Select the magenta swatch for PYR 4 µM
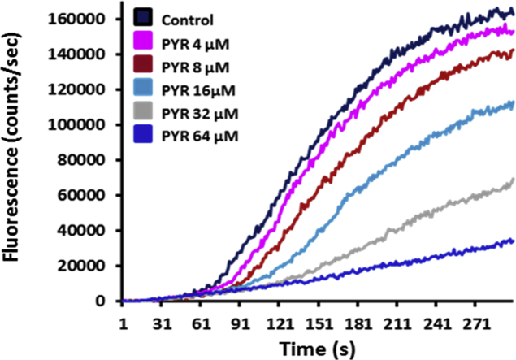145,39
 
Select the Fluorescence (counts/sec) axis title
15,158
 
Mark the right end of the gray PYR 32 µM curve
514,180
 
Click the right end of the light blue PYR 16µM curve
514,102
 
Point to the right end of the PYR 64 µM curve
514,241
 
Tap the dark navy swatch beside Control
145,16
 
